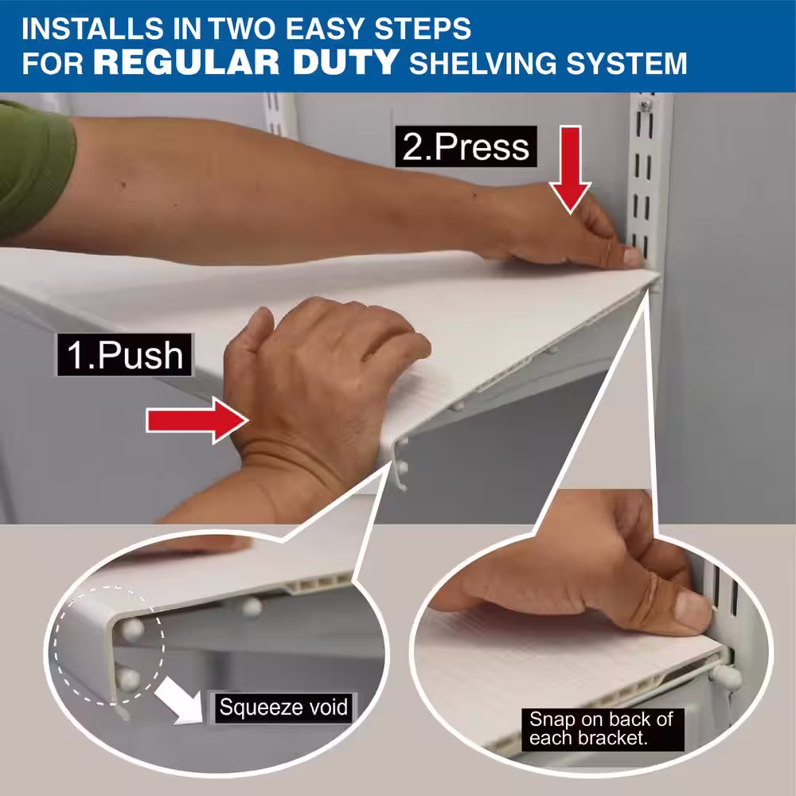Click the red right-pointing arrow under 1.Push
(197, 421)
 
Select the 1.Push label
(125, 355)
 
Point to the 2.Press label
(466, 146)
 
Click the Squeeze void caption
(283, 707)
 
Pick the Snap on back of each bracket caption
(602, 728)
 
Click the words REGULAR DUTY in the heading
(246, 62)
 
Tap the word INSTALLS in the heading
(93, 29)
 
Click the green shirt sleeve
(33, 167)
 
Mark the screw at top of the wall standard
(646, 106)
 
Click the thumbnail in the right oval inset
(692, 609)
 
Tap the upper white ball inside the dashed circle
(132, 629)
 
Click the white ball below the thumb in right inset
(727, 676)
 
